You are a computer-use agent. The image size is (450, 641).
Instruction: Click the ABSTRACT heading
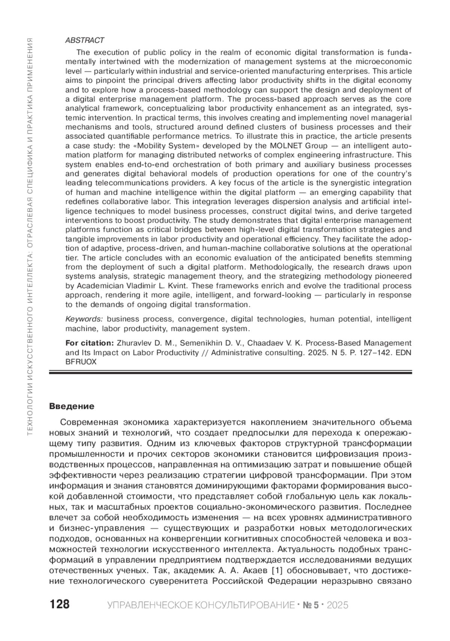84,40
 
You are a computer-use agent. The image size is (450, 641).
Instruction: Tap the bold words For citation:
89,343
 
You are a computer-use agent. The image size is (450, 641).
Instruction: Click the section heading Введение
72,406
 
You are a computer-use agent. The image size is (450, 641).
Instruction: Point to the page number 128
60,604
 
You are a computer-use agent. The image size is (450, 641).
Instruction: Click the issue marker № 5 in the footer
311,605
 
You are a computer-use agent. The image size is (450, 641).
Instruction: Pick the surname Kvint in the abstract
179,286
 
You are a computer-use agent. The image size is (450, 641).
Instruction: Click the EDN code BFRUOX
81,362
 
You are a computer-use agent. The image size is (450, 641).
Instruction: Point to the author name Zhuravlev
135,343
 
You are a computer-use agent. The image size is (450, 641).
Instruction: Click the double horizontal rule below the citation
231,373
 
